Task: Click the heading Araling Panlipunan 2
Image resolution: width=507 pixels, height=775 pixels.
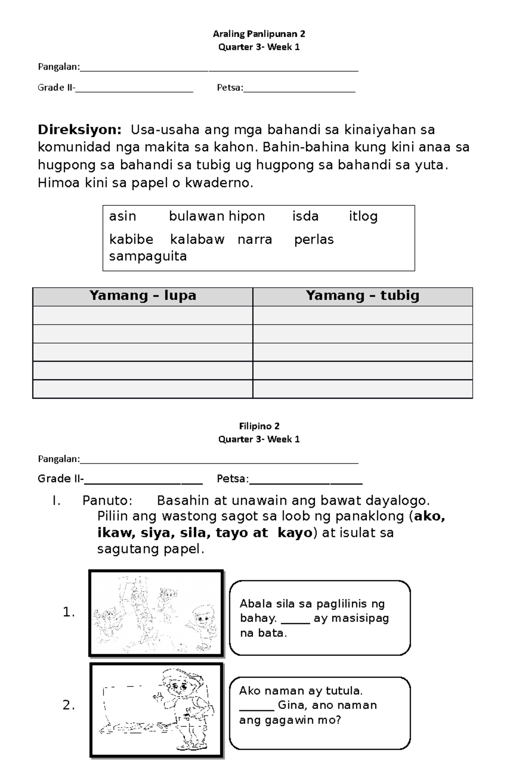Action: (x=259, y=34)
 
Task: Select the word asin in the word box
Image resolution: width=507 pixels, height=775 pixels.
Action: (x=123, y=216)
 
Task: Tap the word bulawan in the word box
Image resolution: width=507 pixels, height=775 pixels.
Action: (x=196, y=216)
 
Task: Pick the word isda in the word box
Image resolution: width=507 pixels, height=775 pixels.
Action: (x=305, y=216)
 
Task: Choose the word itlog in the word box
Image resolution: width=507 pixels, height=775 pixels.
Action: (x=363, y=216)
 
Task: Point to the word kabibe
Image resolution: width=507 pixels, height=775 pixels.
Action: (x=131, y=239)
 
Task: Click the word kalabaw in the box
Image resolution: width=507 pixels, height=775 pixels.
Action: (x=197, y=239)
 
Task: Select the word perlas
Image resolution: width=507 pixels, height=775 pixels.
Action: (x=313, y=239)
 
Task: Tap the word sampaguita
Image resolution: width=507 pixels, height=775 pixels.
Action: (x=148, y=256)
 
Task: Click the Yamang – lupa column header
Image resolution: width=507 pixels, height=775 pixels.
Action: (x=143, y=296)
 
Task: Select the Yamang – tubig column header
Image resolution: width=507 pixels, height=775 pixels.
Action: (x=363, y=296)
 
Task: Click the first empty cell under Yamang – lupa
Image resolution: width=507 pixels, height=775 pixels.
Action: (x=143, y=315)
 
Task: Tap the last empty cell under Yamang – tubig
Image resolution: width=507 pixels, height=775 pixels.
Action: (x=363, y=389)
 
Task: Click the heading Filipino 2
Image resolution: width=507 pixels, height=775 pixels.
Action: (x=259, y=426)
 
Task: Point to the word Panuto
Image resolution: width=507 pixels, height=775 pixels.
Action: (x=107, y=500)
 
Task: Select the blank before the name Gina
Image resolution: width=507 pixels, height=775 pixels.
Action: (x=256, y=706)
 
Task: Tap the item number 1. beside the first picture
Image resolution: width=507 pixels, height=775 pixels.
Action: (x=69, y=612)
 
